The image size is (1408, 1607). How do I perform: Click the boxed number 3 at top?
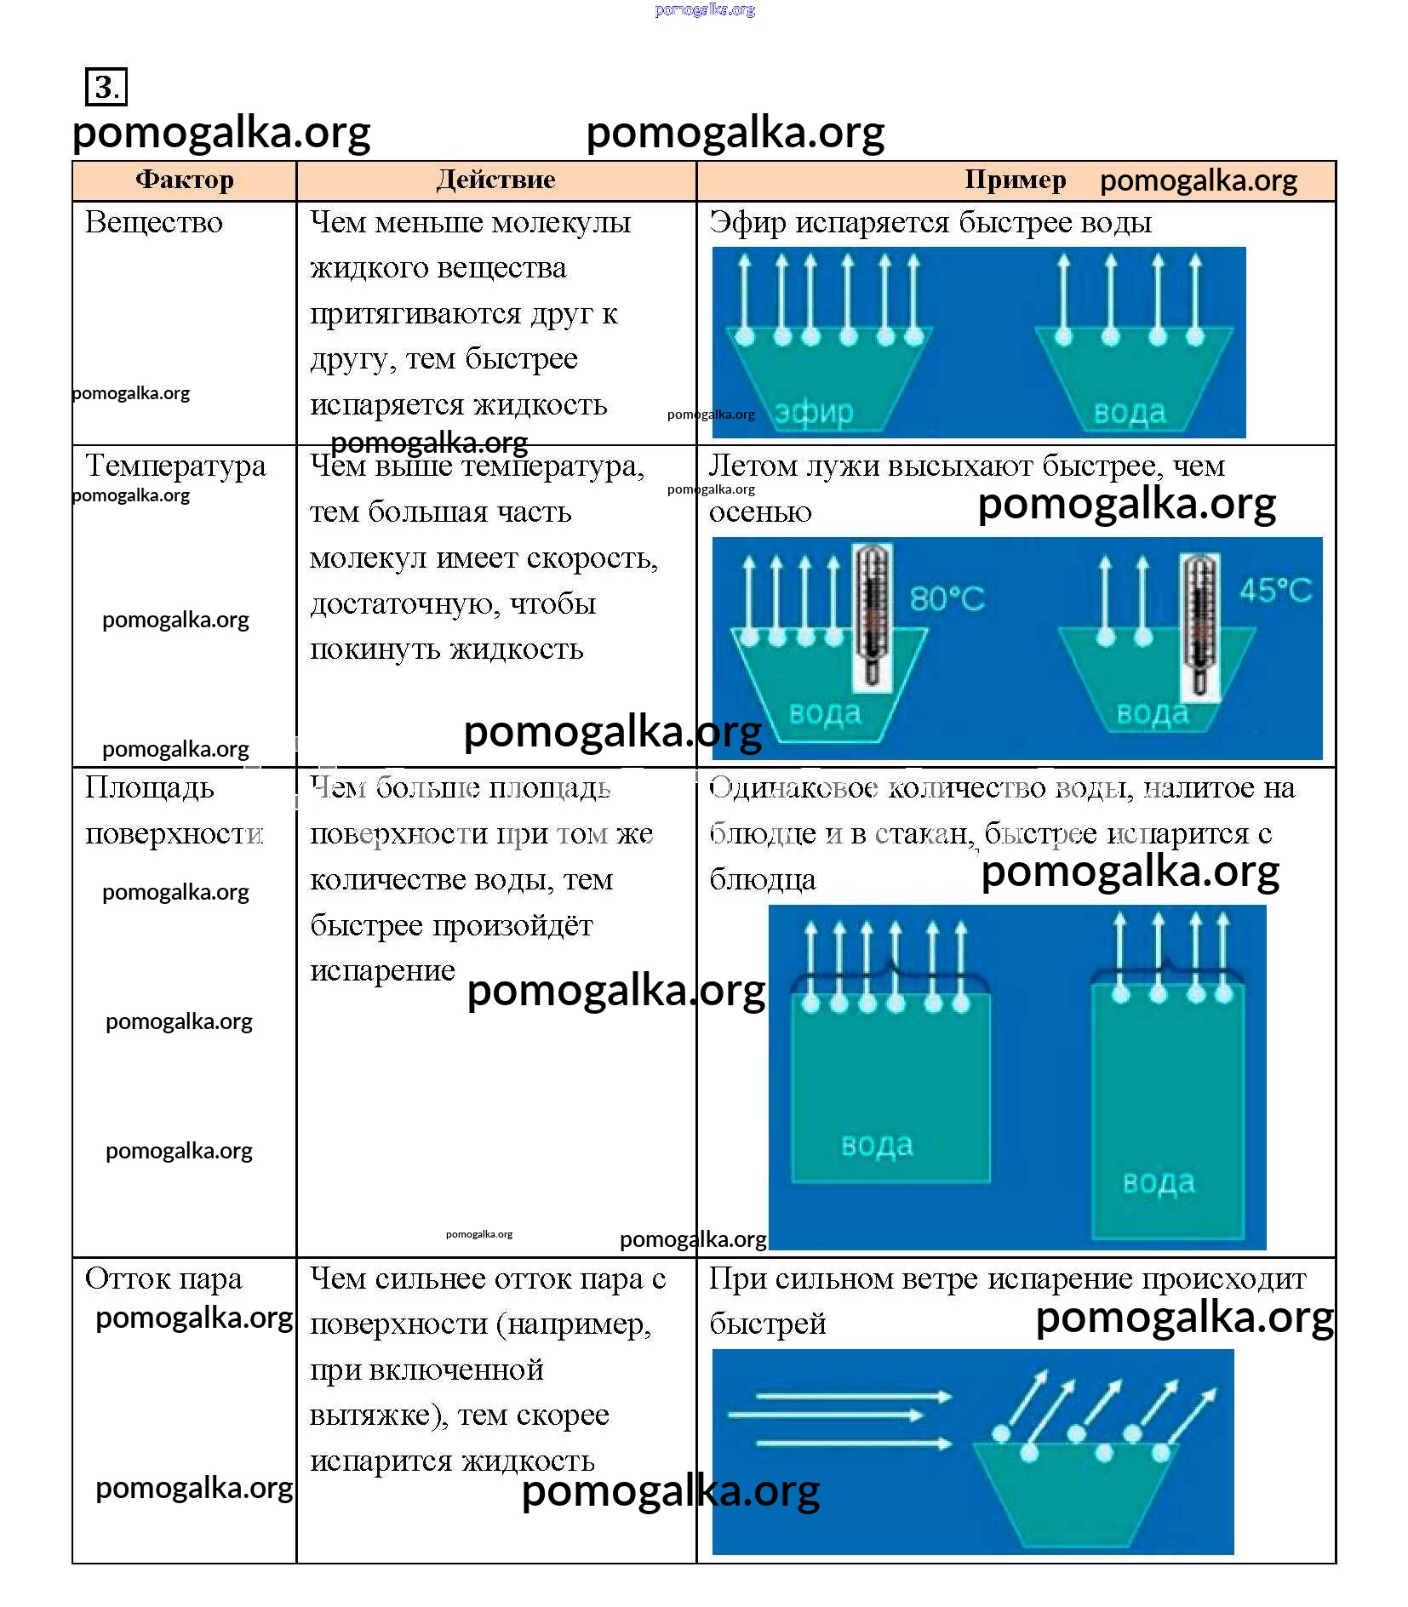pos(106,87)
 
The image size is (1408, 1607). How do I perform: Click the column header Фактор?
pos(184,180)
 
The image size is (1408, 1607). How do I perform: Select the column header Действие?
pos(495,180)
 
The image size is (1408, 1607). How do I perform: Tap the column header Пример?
pos(1015,180)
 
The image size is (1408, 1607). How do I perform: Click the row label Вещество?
pos(154,223)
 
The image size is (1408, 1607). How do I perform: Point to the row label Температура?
pos(175,466)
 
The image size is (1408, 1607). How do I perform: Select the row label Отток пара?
pos(163,1278)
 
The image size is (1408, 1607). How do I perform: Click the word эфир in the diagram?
pos(814,413)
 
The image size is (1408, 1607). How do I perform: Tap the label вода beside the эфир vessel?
pos(1129,413)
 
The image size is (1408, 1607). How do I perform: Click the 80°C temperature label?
pos(947,598)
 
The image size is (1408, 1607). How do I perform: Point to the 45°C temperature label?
pos(1274,590)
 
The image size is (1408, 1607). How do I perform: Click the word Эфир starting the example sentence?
pos(747,223)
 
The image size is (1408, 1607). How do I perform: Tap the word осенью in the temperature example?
pos(760,512)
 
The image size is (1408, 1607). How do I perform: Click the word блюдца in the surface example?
pos(762,879)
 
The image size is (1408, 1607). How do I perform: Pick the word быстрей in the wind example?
pos(767,1324)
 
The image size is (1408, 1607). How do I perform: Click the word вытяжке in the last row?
pos(371,1415)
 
